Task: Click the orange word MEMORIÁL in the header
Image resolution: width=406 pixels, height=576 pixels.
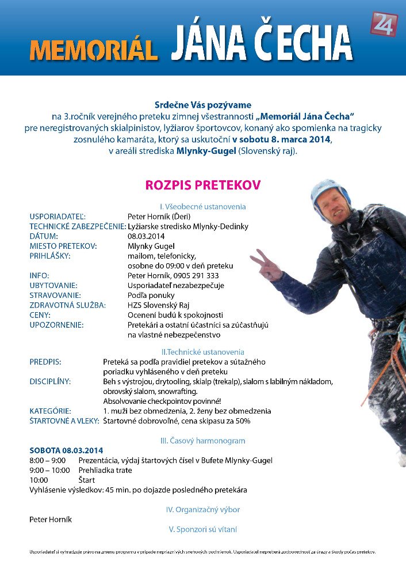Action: coord(94,50)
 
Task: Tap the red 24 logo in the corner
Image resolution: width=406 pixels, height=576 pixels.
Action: coord(384,25)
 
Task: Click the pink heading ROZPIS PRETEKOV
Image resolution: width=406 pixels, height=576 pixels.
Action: coord(203,185)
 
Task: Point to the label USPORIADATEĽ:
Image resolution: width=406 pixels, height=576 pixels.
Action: coord(58,217)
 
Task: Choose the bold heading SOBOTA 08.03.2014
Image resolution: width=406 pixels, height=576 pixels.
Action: coord(66,450)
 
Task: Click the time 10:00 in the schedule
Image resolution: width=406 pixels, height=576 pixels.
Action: coord(39,480)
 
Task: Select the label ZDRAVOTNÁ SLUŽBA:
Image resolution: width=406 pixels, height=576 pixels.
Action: coord(68,305)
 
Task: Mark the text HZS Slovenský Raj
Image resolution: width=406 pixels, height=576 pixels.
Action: coord(158,305)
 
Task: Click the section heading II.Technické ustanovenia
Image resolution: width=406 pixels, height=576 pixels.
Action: coord(203,351)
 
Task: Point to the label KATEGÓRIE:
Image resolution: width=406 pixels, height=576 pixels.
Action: coord(51,411)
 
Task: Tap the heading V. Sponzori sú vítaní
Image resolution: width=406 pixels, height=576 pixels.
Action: coord(203,529)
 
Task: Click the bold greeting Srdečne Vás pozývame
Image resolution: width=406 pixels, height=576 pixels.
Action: coord(203,105)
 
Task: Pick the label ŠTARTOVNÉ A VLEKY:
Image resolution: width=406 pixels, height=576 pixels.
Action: coord(64,421)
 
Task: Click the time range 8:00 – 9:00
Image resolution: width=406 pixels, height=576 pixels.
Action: coord(48,460)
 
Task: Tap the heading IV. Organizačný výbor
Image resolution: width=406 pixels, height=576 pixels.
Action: coord(203,509)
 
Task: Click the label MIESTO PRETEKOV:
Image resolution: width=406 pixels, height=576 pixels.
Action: coord(63,246)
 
